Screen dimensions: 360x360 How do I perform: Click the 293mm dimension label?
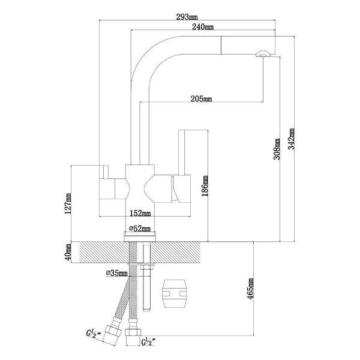coord(187,17)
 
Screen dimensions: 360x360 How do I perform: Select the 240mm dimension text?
coord(203,27)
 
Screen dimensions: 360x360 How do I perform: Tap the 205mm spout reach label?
coord(202,99)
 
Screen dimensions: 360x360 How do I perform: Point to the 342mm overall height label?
coord(291,139)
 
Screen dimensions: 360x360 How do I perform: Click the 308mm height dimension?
coord(277,149)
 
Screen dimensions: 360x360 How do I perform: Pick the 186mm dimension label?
coord(205,186)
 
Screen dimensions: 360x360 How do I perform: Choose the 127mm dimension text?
coord(68,203)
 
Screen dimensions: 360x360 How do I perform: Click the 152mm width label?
coord(140,213)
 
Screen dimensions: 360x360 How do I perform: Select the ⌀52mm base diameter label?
coord(140,229)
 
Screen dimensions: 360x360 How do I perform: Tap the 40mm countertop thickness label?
coord(68,252)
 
